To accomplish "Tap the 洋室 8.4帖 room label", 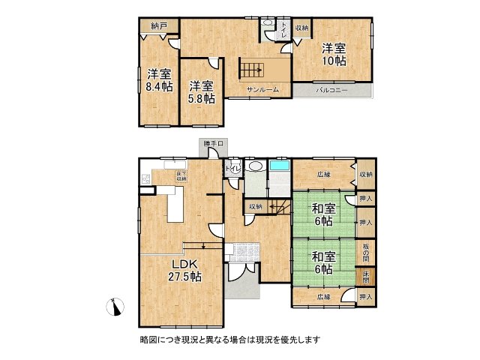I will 159,81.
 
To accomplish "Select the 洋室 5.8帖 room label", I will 201,91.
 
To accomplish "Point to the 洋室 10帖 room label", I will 333,54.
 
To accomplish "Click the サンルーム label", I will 263,89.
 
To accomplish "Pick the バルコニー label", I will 332,91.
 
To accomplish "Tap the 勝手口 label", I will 212,143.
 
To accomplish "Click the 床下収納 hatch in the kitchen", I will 181,177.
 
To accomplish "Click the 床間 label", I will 365,277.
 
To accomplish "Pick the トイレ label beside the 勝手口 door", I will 232,169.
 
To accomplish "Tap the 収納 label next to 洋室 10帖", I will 301,28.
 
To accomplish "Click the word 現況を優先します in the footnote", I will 288,340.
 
